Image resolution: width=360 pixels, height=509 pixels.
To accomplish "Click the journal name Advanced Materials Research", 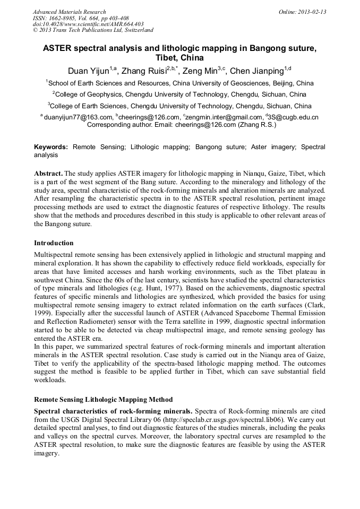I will (x=69, y=12).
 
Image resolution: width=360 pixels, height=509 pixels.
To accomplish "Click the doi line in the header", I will (x=88, y=24).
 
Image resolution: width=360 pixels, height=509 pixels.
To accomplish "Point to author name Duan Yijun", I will (x=88, y=71).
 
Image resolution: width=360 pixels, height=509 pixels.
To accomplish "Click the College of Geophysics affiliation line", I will (x=179, y=94).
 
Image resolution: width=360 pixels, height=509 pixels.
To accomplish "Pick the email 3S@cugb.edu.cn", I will (x=294, y=117).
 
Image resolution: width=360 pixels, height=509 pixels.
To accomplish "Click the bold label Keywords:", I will (x=51, y=146).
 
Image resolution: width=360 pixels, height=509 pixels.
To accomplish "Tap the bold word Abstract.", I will (x=48, y=174).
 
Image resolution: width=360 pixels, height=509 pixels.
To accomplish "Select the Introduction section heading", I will (x=54, y=243).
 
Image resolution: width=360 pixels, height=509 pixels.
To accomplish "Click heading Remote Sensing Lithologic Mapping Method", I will (x=103, y=399).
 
